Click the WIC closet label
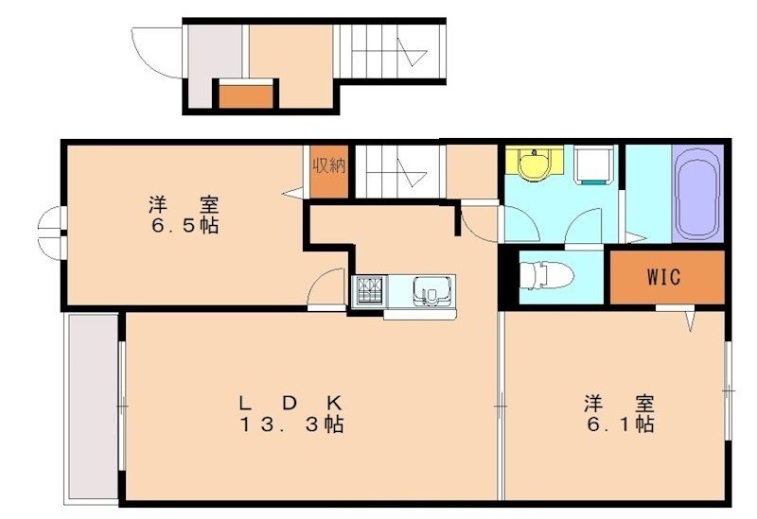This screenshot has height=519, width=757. point(663,278)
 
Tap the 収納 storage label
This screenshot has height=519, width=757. point(329,167)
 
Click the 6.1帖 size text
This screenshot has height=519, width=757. point(618,424)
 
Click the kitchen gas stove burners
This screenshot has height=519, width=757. point(368,290)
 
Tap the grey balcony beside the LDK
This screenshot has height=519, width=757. point(92,407)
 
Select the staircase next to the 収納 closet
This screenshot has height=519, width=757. point(398,171)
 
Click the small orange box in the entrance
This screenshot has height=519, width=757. point(247,95)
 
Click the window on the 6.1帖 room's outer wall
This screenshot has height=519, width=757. point(728,388)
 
